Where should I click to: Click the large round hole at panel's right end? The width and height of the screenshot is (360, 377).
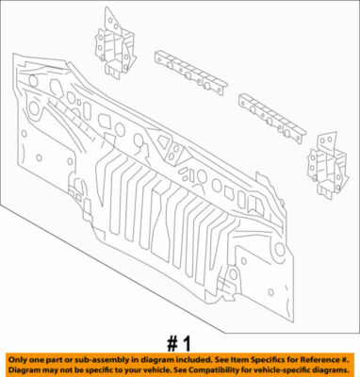click(x=279, y=249)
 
